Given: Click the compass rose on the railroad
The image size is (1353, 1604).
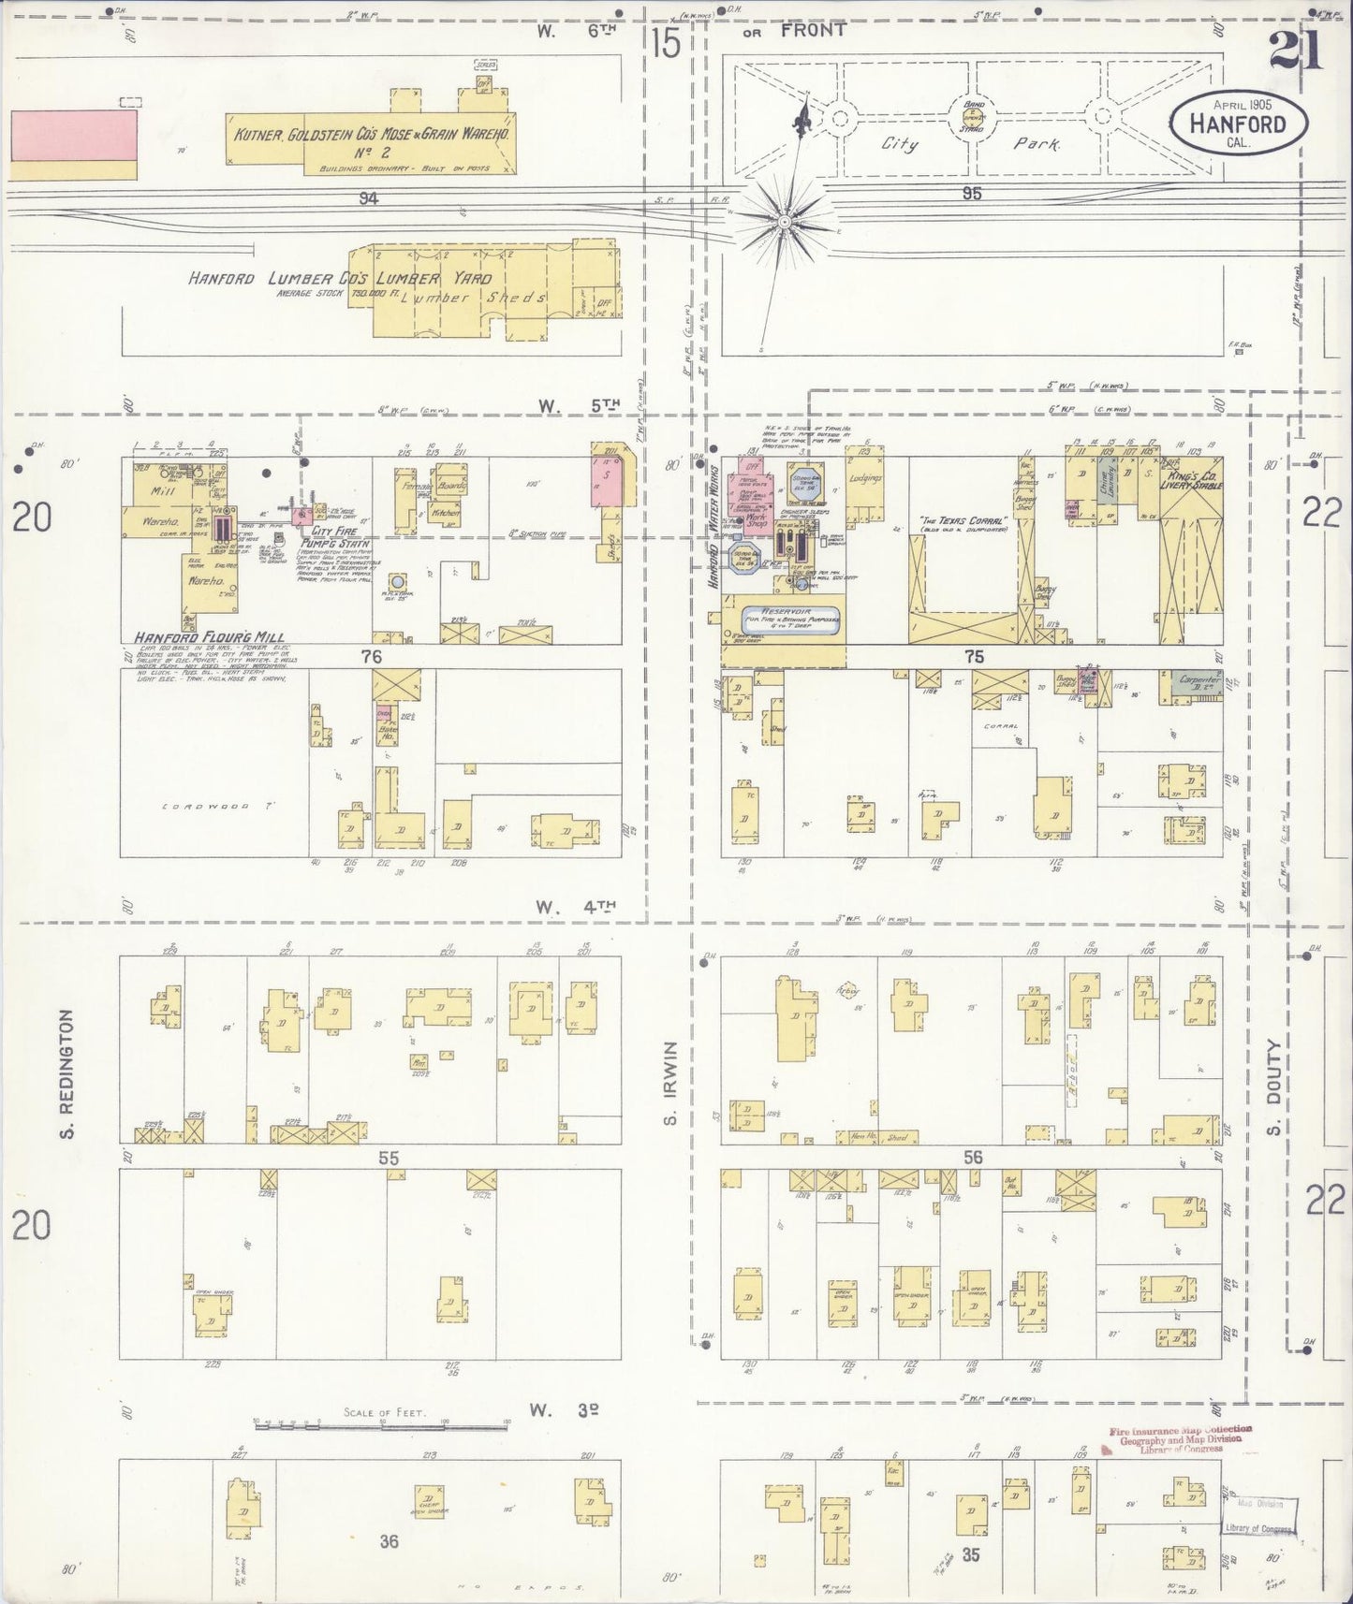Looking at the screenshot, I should coord(783,222).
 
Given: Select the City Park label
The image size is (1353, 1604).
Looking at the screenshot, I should coord(969,144).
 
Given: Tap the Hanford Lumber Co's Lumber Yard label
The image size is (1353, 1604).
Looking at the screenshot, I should coord(339,278).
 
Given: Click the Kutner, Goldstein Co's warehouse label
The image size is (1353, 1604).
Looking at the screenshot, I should coord(372,134).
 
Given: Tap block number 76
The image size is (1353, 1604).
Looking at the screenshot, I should coord(372,656).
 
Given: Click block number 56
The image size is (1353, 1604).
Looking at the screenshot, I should coord(973,1157).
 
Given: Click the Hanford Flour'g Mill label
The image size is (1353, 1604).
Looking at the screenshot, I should coord(202,637).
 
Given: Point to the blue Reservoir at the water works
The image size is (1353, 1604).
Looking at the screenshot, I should coord(789,618).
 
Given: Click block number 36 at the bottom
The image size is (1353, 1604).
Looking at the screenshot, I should coord(389,1540).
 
